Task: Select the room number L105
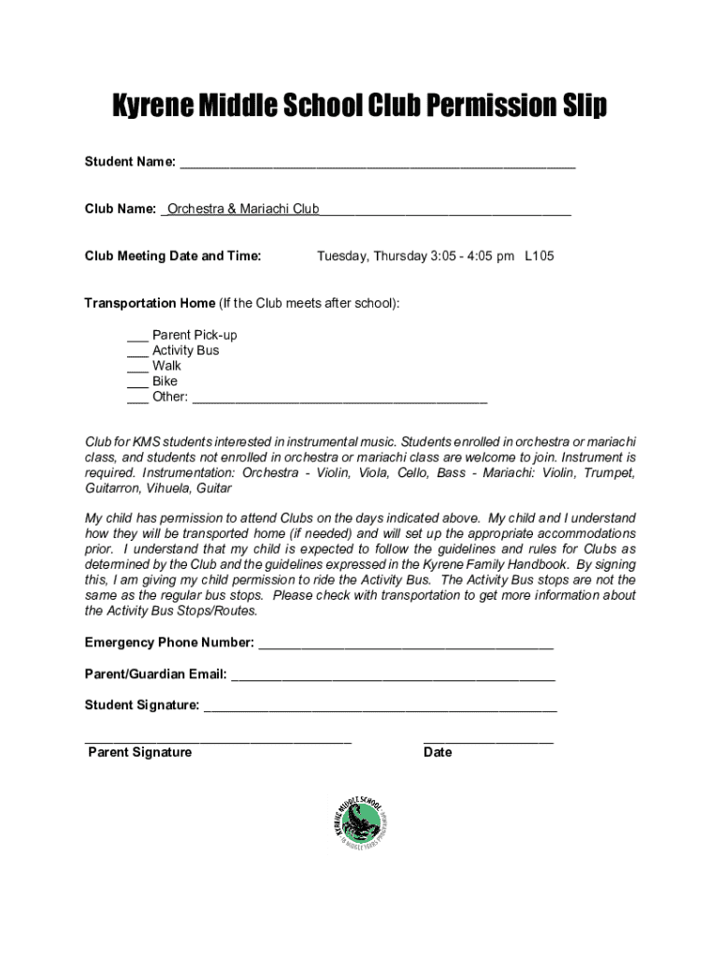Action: (x=540, y=255)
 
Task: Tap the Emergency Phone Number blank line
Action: (x=405, y=646)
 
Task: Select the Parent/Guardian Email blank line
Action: (x=393, y=677)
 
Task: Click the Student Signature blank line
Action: (x=380, y=708)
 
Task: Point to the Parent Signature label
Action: (x=139, y=752)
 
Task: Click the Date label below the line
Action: (x=438, y=752)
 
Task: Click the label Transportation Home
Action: (x=150, y=303)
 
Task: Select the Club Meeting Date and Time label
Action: (x=173, y=255)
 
